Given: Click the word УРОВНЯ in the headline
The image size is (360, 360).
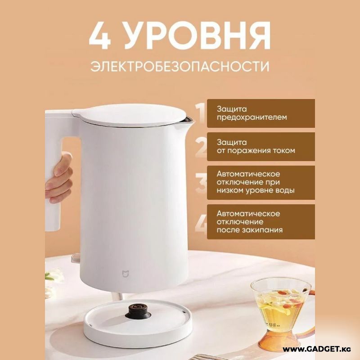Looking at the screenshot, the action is click(198, 36).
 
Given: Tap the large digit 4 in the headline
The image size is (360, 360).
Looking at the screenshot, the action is click(100, 36).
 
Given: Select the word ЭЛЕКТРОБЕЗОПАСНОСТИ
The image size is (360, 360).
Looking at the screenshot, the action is click(180, 66).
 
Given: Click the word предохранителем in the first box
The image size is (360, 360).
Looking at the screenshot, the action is click(252, 117).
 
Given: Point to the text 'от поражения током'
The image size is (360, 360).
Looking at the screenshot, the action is click(256, 151).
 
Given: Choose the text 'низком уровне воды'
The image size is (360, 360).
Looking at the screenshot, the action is click(256, 190).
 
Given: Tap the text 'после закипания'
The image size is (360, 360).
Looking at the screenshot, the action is click(250, 230).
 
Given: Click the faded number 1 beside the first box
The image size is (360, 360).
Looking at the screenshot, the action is click(201, 113).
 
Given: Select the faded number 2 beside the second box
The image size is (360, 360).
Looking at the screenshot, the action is click(201, 147).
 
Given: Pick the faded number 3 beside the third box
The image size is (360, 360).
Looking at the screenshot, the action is click(201, 183).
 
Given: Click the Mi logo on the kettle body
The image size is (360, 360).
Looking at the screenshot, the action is click(126, 274).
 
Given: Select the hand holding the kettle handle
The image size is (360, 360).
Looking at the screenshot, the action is click(59, 179).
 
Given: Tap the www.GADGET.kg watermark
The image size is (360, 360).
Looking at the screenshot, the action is click(317, 350).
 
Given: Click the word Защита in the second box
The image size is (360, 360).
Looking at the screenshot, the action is click(232, 142).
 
